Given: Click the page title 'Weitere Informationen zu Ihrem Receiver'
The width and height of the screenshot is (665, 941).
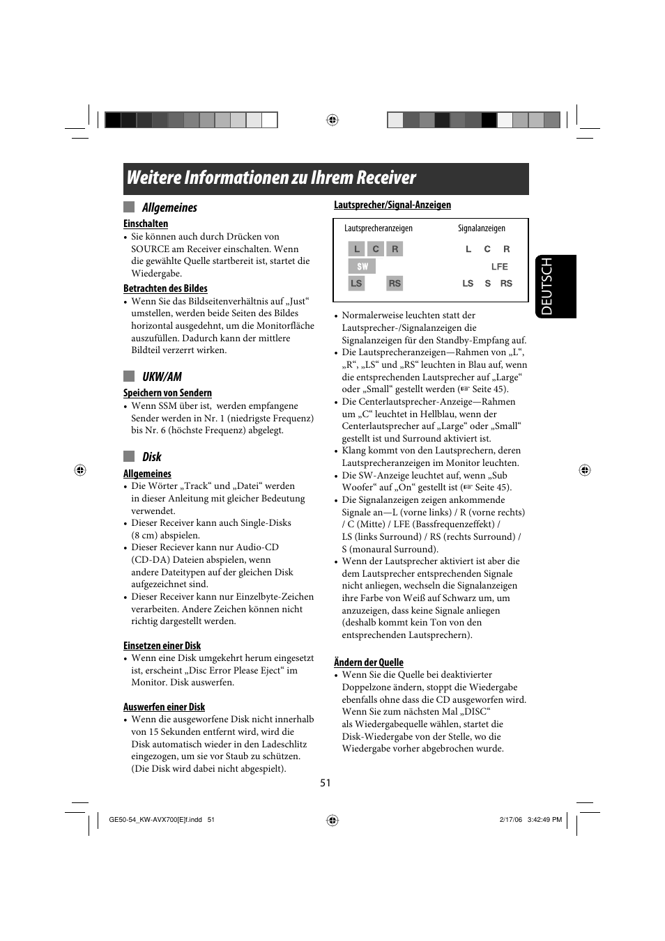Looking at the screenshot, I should [x=271, y=178].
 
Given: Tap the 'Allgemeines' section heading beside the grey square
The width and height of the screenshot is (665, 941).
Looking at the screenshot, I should [x=169, y=208].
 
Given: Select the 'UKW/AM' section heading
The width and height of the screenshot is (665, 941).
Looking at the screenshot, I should [x=162, y=377].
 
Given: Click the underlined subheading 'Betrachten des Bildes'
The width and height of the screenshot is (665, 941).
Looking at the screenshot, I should [x=165, y=288].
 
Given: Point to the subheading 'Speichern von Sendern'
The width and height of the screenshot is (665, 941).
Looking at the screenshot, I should [x=167, y=393].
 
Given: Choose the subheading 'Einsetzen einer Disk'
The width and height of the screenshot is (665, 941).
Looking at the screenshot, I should [x=162, y=646].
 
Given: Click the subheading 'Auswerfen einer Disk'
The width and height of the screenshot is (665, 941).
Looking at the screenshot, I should [x=164, y=707].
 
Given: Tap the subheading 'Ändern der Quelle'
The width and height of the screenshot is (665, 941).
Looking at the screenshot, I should [x=368, y=662].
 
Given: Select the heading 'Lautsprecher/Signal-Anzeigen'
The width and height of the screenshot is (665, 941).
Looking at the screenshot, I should [x=392, y=205].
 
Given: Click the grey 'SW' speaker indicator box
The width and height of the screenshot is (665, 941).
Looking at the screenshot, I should [x=362, y=266].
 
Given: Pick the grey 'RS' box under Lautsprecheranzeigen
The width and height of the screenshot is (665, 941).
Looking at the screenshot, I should [x=395, y=283].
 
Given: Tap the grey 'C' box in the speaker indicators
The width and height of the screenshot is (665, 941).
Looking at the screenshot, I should [x=376, y=249].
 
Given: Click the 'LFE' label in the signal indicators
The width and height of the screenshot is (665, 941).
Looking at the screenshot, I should [x=499, y=267].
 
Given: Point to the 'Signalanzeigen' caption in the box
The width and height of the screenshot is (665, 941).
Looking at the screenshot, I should [x=481, y=228].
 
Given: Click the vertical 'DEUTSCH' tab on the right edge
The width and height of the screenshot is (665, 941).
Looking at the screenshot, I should [x=556, y=286].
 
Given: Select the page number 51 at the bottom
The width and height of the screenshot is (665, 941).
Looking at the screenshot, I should [x=326, y=783].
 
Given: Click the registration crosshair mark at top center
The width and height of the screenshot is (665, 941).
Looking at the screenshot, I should [x=332, y=120].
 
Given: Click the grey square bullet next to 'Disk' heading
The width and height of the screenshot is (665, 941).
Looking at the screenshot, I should [x=129, y=457].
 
